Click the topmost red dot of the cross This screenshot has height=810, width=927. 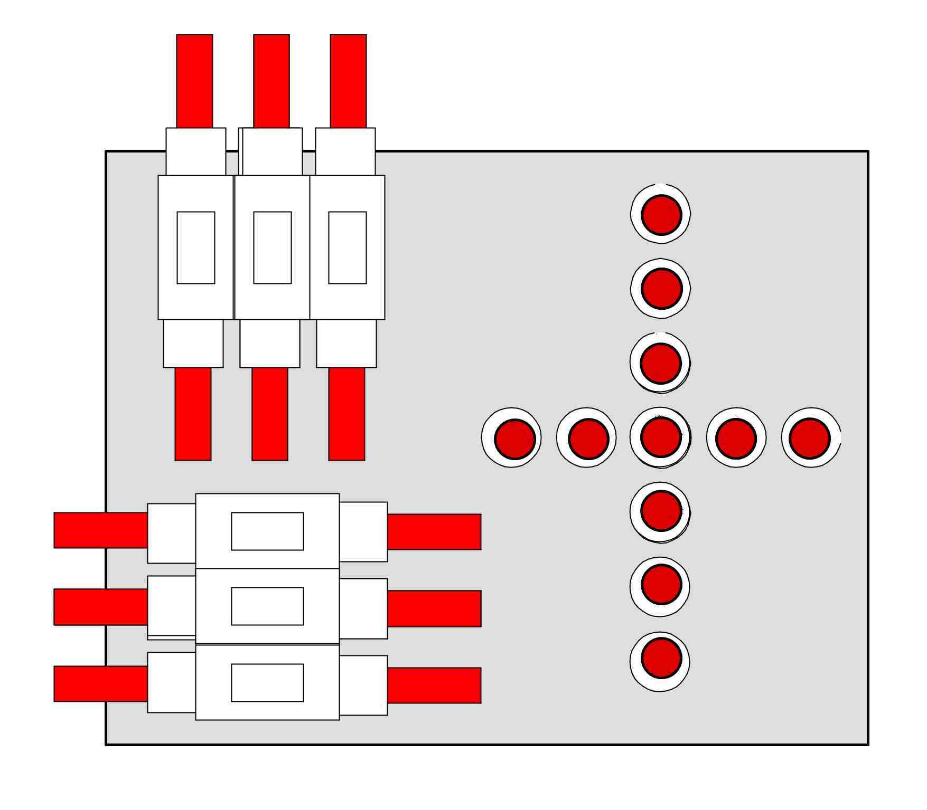(661, 215)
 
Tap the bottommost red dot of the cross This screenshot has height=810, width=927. (661, 658)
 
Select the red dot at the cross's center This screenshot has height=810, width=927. (661, 437)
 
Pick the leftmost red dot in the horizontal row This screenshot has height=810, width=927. (515, 439)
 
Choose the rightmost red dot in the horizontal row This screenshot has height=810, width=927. (810, 438)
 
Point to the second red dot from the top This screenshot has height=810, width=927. (662, 289)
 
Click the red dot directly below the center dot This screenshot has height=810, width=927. (661, 511)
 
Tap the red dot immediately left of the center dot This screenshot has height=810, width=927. (588, 439)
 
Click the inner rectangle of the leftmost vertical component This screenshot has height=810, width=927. (196, 247)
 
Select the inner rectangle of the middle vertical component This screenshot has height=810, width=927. (273, 247)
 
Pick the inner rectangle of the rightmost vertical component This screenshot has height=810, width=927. (348, 247)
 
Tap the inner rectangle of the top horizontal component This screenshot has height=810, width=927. (267, 531)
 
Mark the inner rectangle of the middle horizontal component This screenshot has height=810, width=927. (267, 606)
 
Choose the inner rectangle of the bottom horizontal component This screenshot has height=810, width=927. (267, 682)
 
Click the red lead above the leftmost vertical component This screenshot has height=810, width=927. (194, 81)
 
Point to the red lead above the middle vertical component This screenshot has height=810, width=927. (271, 81)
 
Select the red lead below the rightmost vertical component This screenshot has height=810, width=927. (347, 414)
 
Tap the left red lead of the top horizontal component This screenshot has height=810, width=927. (100, 530)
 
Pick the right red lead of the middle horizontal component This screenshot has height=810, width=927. (434, 608)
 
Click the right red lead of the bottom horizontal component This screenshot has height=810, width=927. (434, 685)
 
